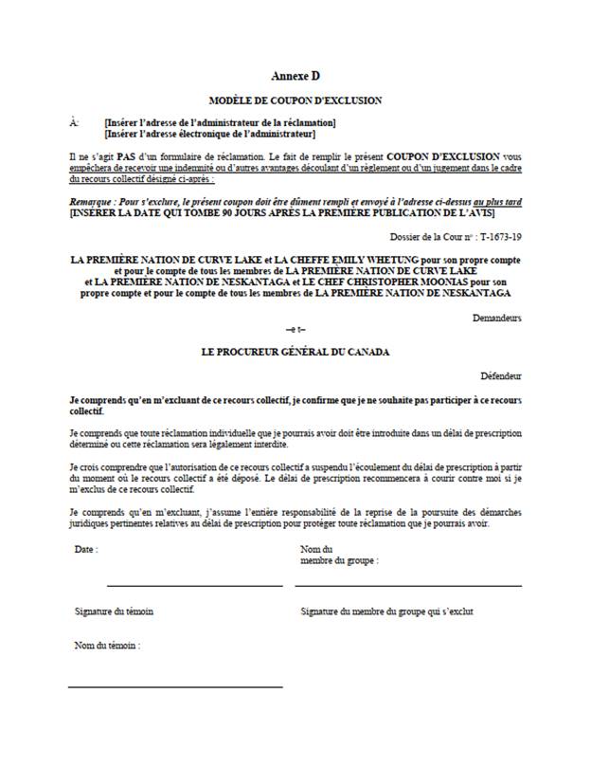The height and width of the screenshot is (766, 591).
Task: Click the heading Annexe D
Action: (x=295, y=75)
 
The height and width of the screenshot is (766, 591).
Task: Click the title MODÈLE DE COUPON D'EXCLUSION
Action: (x=295, y=100)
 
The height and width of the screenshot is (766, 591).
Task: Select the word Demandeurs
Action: (x=497, y=318)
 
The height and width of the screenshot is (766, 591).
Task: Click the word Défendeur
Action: (x=500, y=375)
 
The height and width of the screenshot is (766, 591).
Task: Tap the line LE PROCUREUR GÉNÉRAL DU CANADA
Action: (x=295, y=352)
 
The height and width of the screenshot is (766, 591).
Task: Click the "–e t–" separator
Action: (x=295, y=329)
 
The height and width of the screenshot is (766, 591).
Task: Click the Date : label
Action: (x=85, y=549)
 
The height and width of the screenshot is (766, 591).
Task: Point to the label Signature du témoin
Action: (x=114, y=611)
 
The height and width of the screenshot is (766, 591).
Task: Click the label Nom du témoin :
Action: (x=107, y=646)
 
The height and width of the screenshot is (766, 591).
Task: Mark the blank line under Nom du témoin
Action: (x=175, y=685)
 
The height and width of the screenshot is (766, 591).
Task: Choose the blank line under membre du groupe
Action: (x=408, y=586)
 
